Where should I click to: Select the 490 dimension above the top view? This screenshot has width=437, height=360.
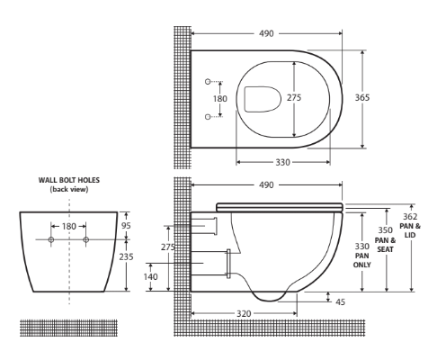[265, 32]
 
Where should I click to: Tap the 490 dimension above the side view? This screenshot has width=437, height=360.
[265, 185]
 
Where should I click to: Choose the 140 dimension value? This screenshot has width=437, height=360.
[151, 277]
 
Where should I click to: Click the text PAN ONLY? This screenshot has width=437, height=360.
[361, 258]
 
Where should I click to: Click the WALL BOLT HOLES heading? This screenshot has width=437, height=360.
[68, 180]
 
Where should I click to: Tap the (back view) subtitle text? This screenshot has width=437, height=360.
[68, 189]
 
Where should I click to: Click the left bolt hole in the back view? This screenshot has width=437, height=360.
[51, 240]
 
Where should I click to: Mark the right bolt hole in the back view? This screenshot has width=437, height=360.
[86, 240]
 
